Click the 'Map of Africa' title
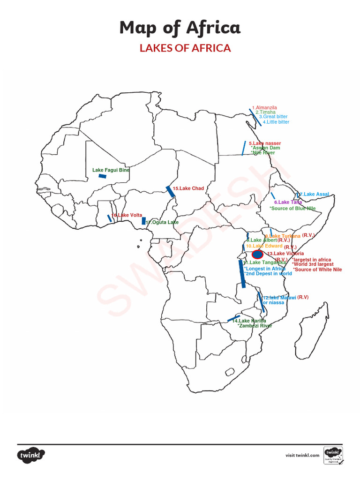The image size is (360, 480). tap(180, 28)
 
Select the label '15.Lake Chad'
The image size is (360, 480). tap(188, 188)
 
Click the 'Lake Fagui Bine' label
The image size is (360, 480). tap(111, 170)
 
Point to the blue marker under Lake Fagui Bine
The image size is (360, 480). tap(102, 176)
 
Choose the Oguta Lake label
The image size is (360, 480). tap(162, 222)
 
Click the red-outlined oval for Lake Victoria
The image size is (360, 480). tap(257, 255)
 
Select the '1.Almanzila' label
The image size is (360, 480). tap(265, 107)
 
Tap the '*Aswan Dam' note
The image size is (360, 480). tap(266, 148)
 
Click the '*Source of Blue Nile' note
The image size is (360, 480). tap(292, 208)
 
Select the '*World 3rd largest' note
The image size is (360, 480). tap(313, 264)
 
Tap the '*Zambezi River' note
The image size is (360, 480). tap(255, 325)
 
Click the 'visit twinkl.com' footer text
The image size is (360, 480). tap(302, 455)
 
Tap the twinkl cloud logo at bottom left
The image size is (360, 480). tap(31, 455)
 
